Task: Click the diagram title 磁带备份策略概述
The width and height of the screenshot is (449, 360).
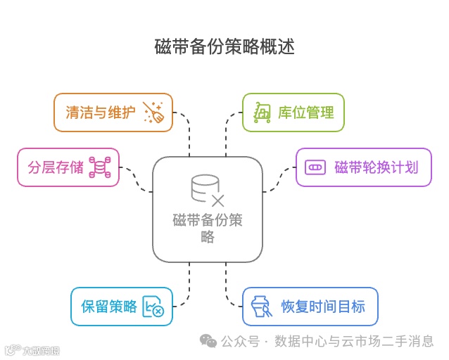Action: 224,47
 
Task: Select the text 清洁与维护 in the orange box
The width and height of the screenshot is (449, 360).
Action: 101,112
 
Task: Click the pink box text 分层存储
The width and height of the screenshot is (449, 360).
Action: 56,167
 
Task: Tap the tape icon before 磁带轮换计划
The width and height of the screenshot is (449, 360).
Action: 315,167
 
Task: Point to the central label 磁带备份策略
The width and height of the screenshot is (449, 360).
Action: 207,228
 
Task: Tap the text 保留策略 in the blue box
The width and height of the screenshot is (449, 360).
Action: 109,307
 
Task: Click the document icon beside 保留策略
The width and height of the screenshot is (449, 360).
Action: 153,307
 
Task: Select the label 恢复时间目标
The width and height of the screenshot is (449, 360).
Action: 323,307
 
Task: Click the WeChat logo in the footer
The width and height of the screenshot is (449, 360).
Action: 208,341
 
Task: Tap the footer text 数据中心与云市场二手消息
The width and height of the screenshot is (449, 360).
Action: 354,341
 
